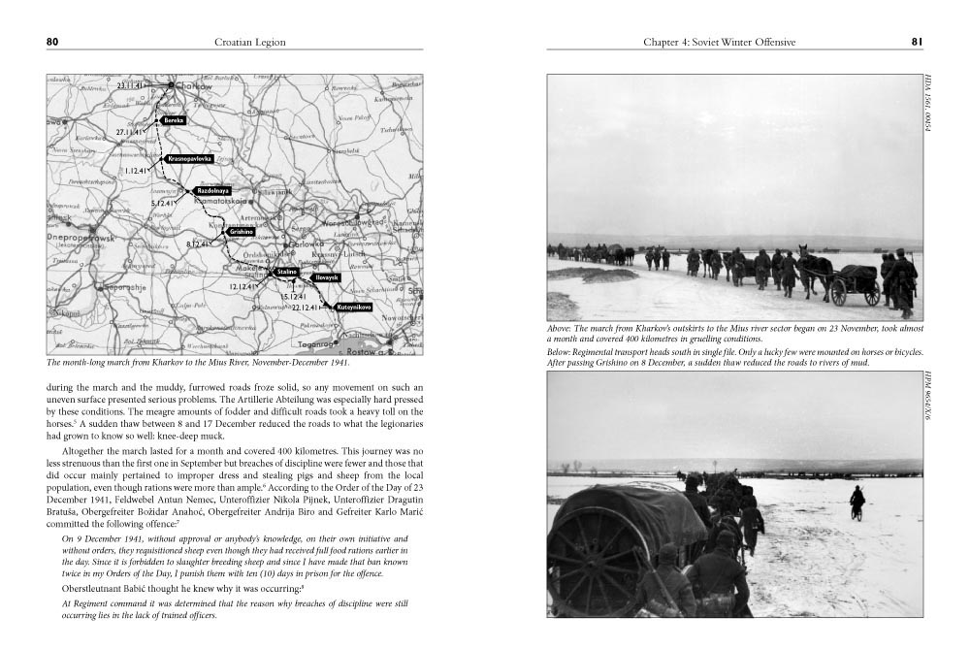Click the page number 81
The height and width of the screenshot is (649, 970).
916,42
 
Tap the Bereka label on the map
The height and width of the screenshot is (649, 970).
174,119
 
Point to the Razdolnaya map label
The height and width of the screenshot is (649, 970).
212,191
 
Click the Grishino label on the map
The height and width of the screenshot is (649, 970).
241,232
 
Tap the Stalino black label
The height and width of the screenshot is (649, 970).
286,273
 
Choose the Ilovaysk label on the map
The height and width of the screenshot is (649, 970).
327,277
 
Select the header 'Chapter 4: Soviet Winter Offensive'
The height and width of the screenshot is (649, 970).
719,42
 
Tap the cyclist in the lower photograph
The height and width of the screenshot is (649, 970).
857,503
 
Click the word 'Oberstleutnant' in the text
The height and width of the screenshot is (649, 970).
92,587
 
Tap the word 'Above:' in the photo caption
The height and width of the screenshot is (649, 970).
562,328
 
